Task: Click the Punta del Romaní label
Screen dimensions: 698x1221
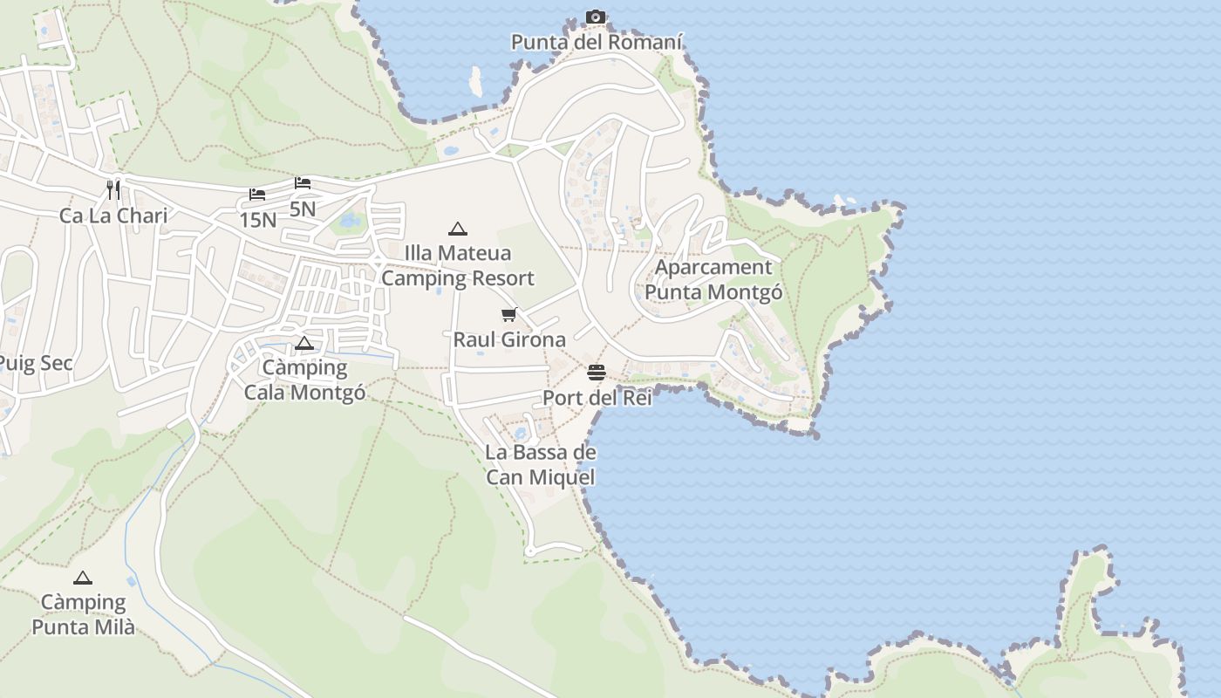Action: [x=597, y=42]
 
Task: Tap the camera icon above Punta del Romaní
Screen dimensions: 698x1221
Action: [x=596, y=17]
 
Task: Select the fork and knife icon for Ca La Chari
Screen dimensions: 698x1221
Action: [x=113, y=189]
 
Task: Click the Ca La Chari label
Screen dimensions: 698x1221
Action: [x=113, y=216]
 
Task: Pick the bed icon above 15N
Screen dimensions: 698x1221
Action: [x=256, y=195]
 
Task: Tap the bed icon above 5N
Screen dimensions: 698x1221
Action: [x=303, y=183]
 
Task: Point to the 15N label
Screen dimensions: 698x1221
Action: [x=257, y=220]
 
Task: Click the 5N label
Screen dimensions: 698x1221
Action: [x=303, y=209]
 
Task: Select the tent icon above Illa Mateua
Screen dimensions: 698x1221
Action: [x=458, y=229]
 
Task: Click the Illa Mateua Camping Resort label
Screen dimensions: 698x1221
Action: [x=458, y=266]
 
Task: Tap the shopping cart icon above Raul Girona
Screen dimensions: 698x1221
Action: [x=509, y=314]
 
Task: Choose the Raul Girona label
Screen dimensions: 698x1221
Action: [x=509, y=339]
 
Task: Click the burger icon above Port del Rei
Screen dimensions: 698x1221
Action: [x=597, y=373]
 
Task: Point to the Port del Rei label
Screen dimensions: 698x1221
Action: [x=597, y=398]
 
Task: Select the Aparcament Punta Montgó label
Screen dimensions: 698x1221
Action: [x=713, y=279]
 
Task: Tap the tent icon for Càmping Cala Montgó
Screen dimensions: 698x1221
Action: [x=304, y=343]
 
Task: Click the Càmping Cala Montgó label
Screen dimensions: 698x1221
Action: [x=304, y=380]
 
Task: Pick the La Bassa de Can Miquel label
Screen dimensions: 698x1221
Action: [x=541, y=464]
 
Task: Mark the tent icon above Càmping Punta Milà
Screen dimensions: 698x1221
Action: [x=83, y=578]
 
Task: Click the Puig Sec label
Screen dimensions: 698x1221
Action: [x=35, y=363]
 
